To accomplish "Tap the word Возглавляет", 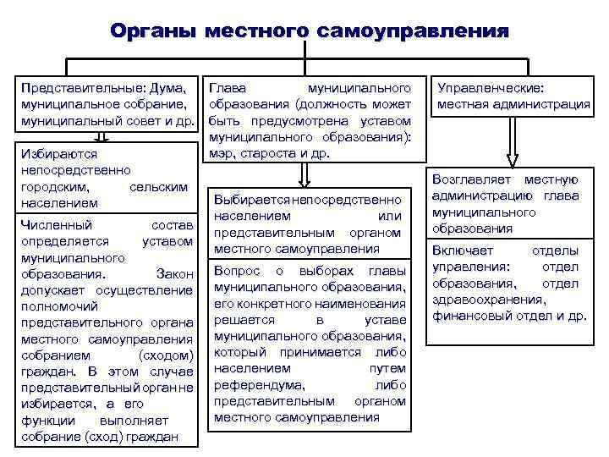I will point(471,179).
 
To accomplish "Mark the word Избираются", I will point(58,155).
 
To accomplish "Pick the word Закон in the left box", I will point(175,274).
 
